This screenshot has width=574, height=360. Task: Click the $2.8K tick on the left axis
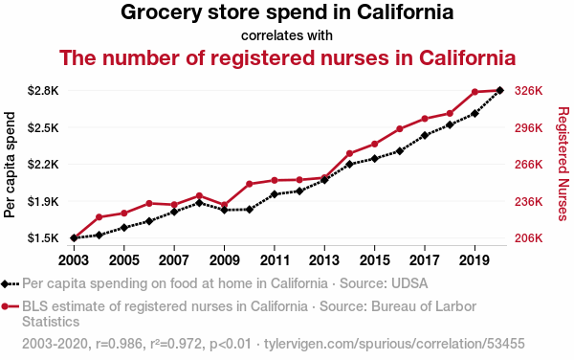[x=43, y=90]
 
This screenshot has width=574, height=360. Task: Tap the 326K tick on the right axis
[x=529, y=90]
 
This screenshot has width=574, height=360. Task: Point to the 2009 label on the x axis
[x=225, y=260]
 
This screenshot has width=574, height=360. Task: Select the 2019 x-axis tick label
[x=475, y=260]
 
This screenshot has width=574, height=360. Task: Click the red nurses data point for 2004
[x=99, y=217]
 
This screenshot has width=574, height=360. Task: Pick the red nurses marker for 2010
[x=250, y=184]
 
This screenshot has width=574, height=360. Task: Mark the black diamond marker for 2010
[x=250, y=210]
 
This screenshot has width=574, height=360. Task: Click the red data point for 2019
[x=475, y=92]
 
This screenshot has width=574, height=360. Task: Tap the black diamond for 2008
[x=199, y=203]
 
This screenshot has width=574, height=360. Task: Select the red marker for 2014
[x=349, y=153]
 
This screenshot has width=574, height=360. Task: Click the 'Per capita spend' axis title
[x=10, y=165]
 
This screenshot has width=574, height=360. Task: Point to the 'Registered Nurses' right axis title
[x=563, y=164]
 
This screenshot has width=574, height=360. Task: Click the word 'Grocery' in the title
[x=161, y=12]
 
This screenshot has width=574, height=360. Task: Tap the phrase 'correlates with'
[x=287, y=35]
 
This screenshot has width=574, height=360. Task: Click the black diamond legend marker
[x=5, y=283]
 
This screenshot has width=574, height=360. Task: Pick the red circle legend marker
[x=5, y=306]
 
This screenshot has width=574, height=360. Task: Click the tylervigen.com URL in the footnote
[x=394, y=344]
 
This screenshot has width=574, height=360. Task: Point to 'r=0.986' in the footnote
[x=119, y=344]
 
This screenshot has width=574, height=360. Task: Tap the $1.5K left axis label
[x=43, y=238]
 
